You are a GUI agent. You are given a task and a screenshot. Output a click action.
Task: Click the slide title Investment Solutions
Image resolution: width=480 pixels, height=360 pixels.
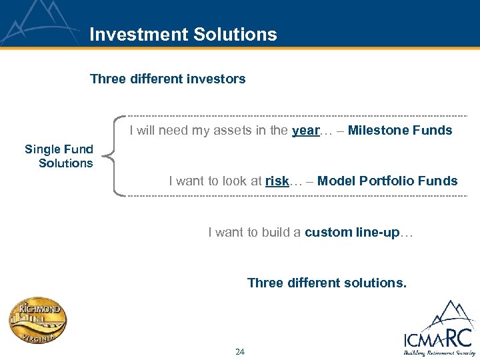pyautogui.click(x=183, y=34)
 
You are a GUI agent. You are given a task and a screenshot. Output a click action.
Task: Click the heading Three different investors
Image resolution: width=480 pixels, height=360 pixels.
pyautogui.click(x=167, y=79)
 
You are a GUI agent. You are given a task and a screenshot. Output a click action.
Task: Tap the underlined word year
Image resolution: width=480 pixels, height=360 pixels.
pyautogui.click(x=305, y=131)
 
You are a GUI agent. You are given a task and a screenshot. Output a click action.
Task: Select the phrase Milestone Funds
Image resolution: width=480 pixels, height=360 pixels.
pyautogui.click(x=400, y=131)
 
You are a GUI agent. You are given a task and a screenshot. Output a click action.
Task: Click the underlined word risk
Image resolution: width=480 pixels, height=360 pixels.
pyautogui.click(x=277, y=181)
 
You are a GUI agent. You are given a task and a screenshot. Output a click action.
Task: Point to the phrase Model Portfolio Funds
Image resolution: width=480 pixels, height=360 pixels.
pyautogui.click(x=387, y=181)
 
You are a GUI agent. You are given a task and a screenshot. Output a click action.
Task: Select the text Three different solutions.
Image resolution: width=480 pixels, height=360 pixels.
pyautogui.click(x=326, y=283)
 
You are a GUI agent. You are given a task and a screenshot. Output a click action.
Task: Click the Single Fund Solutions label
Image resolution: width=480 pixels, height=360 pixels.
pyautogui.click(x=59, y=156)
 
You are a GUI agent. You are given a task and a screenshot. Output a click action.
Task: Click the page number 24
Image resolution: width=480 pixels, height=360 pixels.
pyautogui.click(x=240, y=351)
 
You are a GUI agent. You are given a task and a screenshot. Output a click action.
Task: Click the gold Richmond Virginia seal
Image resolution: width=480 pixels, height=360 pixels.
pyautogui.click(x=38, y=321)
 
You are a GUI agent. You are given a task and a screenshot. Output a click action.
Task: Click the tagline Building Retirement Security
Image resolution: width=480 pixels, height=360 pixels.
pyautogui.click(x=437, y=353)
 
